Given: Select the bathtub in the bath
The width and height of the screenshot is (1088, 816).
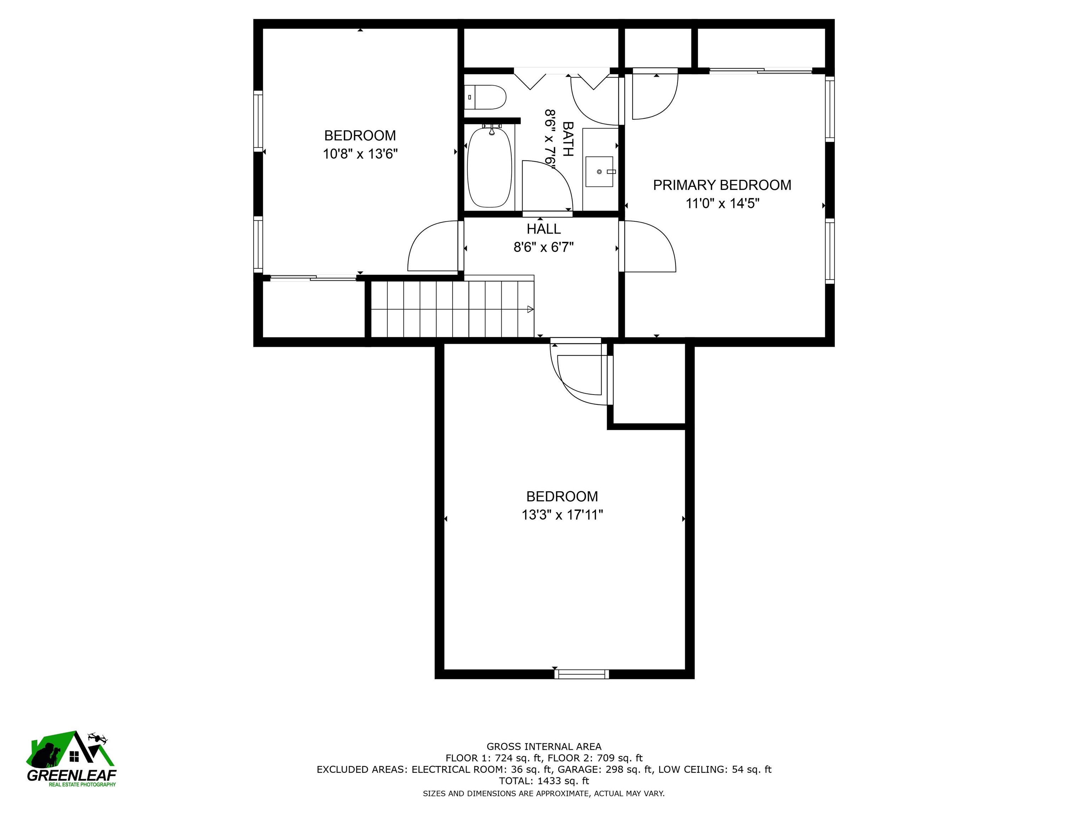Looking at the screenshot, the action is [x=489, y=167].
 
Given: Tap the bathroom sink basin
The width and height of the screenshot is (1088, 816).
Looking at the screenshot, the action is [x=600, y=172].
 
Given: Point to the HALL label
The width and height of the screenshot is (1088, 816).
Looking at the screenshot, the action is [x=544, y=229].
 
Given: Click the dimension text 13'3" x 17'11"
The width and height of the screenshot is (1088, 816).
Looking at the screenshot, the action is [x=562, y=515].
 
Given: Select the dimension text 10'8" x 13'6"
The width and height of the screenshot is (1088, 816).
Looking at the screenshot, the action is [x=360, y=154].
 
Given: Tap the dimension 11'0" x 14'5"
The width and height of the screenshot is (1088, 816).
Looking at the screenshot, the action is [x=722, y=204].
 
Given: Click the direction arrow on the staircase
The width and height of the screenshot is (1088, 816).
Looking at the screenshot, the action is [x=530, y=310].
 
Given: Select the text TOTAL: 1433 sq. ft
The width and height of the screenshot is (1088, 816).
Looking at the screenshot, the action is [x=544, y=781].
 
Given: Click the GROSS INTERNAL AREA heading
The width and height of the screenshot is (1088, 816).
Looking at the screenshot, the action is [x=544, y=747].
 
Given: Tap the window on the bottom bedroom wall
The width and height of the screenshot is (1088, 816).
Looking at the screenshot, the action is [x=582, y=674].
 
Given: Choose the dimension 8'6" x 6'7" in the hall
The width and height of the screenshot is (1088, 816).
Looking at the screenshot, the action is [x=544, y=247].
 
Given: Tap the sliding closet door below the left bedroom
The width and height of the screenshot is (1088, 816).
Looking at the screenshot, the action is [x=313, y=278].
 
